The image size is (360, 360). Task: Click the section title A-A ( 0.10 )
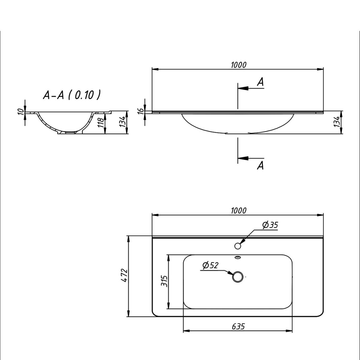tap(72, 95)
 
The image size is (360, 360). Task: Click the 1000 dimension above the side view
tap(238, 65)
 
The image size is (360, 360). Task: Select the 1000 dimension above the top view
tap(238, 211)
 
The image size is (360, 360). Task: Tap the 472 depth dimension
tap(123, 275)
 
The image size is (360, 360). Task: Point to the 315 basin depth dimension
tap(164, 281)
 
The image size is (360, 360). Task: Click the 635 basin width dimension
tap(238, 327)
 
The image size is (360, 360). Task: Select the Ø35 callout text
tap(270, 225)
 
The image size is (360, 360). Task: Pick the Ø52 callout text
tap(210, 266)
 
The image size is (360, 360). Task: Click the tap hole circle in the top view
tap(238, 246)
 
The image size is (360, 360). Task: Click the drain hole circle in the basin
tap(238, 277)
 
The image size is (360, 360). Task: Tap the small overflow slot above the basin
tap(238, 257)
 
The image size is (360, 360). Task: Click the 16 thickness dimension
tap(141, 111)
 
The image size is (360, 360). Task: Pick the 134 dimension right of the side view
tap(337, 122)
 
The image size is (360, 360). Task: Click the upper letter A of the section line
tap(261, 82)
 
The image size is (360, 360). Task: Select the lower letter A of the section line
tap(261, 166)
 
